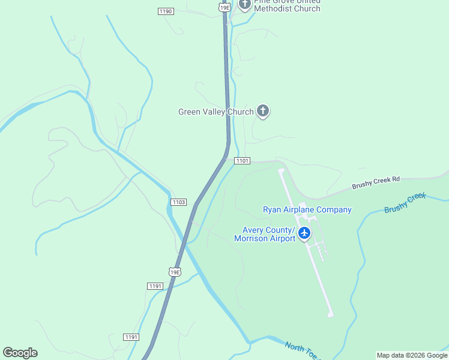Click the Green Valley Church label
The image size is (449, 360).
(x=216, y=112)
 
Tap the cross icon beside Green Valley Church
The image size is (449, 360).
(x=262, y=111)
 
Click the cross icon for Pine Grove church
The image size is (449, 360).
(x=244, y=4)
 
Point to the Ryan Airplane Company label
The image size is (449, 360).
(x=307, y=209)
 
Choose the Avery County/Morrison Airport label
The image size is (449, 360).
(x=268, y=234)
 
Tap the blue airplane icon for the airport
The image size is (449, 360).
(x=304, y=233)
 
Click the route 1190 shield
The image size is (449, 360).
(x=166, y=11)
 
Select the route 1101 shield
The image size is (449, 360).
(x=242, y=161)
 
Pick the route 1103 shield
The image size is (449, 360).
(x=178, y=202)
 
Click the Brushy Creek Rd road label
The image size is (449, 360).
(x=376, y=183)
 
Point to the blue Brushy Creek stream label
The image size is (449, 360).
(x=405, y=203)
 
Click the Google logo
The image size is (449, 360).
(x=20, y=353)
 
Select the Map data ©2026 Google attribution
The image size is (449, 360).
(x=412, y=355)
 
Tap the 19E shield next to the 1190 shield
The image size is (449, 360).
(x=224, y=7)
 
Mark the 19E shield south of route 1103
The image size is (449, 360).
(x=175, y=272)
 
